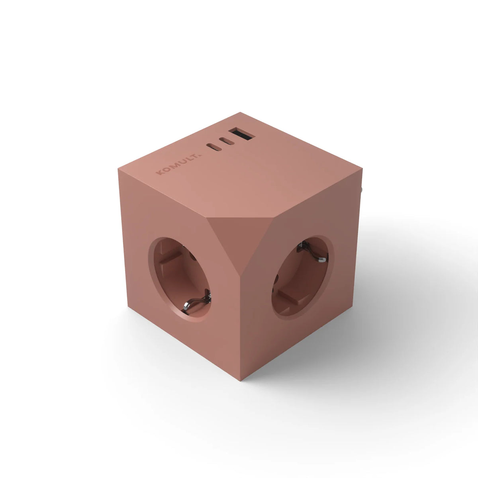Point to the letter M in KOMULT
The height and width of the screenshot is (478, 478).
[175, 165]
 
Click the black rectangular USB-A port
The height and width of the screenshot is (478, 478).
[242, 134]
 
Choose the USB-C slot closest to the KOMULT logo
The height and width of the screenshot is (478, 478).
[214, 147]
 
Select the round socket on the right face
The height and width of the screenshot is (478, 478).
[302, 277]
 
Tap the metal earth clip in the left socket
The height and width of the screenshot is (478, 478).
[196, 303]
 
